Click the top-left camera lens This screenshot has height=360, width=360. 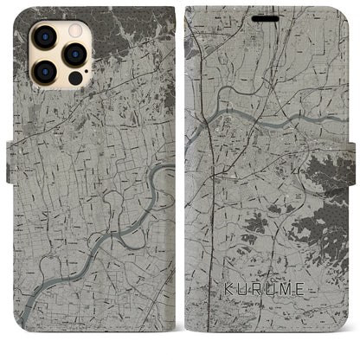tap(42, 35)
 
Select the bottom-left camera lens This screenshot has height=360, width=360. tap(42, 72)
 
